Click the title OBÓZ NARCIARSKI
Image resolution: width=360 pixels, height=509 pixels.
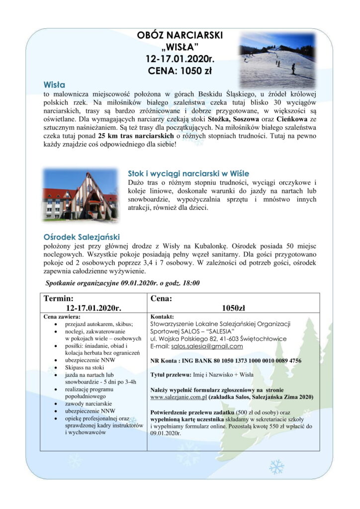(180, 36)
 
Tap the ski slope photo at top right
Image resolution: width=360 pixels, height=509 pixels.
(277, 61)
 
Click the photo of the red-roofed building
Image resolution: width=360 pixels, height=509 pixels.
(80, 194)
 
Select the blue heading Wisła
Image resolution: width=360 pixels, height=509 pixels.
(54, 85)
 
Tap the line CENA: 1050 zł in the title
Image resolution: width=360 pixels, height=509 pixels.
(180, 71)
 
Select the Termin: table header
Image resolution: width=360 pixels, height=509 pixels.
(59, 299)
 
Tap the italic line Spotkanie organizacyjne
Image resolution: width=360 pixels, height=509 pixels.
(122, 283)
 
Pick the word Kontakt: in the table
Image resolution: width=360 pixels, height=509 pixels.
(162, 317)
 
